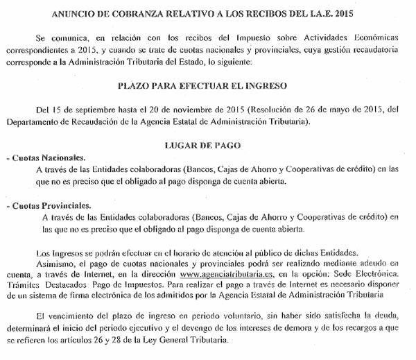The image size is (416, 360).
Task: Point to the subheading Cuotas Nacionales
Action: (49, 158)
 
